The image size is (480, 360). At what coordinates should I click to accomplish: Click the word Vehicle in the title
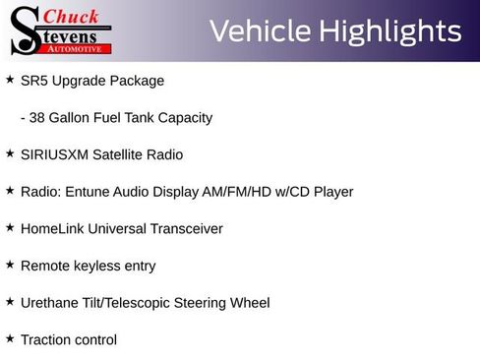(x=259, y=31)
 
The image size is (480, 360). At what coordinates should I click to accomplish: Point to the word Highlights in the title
(x=389, y=31)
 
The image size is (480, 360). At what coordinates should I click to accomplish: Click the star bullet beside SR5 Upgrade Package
(x=10, y=79)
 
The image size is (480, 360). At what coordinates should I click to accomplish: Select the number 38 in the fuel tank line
(x=38, y=118)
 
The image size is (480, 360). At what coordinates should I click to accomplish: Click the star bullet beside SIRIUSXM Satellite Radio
(x=10, y=152)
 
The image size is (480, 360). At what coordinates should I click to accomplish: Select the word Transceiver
(x=186, y=229)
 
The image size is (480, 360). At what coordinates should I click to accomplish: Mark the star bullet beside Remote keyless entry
(x=10, y=264)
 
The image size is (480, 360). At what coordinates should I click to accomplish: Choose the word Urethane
(x=50, y=303)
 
